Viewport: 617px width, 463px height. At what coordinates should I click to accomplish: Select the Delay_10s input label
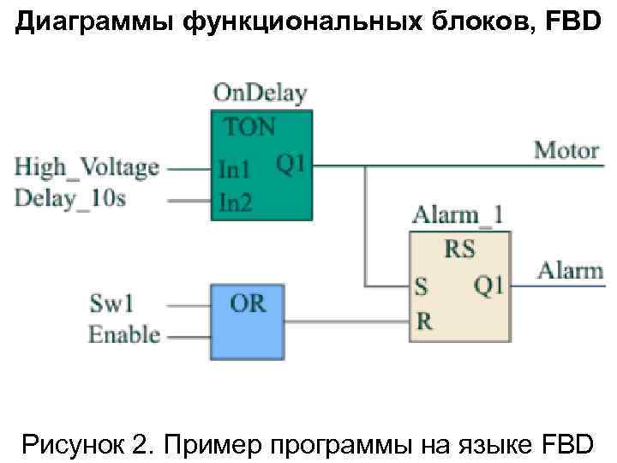click(70, 199)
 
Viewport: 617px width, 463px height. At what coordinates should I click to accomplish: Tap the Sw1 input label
click(111, 304)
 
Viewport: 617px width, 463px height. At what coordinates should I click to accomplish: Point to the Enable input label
click(124, 334)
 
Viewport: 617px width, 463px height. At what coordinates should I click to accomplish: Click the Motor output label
click(566, 151)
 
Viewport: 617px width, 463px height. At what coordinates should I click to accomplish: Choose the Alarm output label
click(570, 271)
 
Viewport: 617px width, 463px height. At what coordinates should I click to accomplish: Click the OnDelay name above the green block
click(261, 93)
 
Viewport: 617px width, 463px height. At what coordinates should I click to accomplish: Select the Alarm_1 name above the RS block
click(458, 215)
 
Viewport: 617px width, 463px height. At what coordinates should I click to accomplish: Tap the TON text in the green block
click(250, 128)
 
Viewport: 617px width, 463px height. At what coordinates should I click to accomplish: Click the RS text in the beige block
click(459, 250)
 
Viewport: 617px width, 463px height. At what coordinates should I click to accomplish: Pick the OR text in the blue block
click(248, 302)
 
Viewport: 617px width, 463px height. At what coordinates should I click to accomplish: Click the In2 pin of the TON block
click(233, 201)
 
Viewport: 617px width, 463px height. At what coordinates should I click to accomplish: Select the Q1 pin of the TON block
click(290, 163)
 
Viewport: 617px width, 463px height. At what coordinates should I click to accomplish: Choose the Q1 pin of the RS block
click(488, 285)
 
